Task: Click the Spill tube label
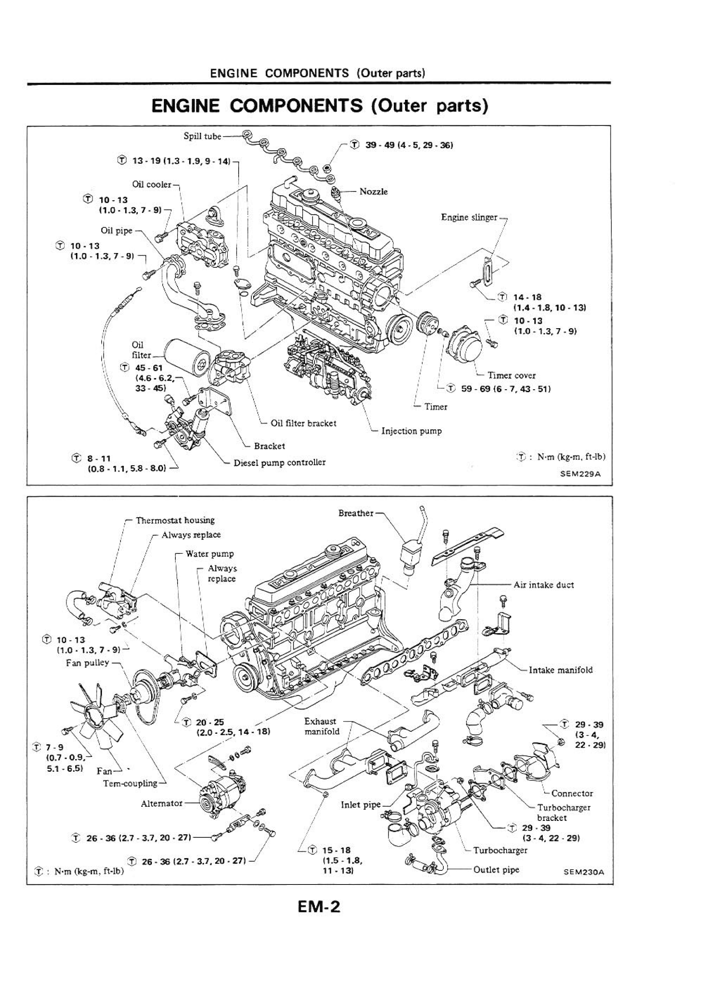pos(202,137)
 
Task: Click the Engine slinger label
pos(469,217)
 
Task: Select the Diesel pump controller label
pos(279,462)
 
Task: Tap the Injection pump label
pos(411,431)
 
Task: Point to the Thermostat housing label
pos(175,521)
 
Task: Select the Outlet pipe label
pos(496,870)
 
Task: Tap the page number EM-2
pos(319,907)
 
